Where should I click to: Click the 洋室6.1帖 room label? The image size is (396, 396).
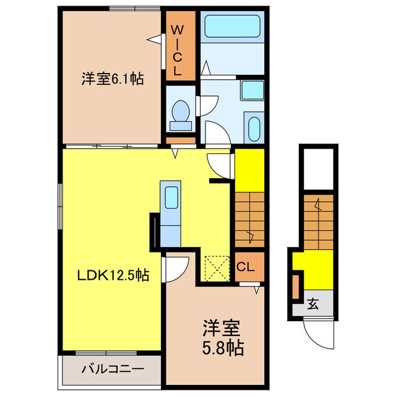112,79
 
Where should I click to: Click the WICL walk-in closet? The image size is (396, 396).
177,49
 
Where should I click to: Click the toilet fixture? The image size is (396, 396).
181,115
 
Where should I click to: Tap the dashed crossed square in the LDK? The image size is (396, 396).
216,267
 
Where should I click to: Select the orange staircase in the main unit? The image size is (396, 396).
249,220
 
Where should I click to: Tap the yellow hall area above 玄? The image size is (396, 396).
312,267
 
